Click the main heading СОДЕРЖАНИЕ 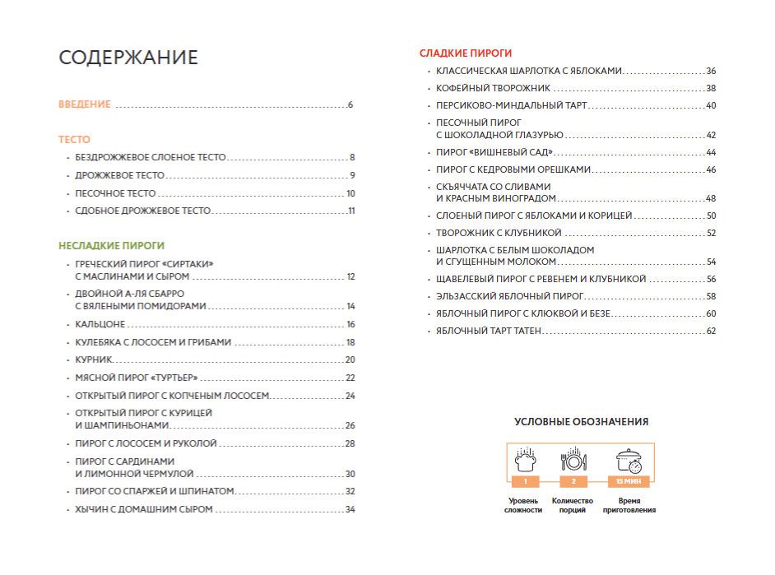click(128, 58)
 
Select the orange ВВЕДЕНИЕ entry click(85, 104)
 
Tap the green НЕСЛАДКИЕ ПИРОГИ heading click(111, 245)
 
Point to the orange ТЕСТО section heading click(74, 140)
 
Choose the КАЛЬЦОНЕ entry click(100, 324)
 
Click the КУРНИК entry click(93, 359)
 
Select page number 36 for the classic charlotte click(711, 71)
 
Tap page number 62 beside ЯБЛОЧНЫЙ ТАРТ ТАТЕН click(711, 331)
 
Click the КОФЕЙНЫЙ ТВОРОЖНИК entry click(493, 88)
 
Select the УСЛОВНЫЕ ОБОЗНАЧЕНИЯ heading click(581, 422)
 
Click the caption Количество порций click(573, 504)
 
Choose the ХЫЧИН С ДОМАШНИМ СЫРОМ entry click(143, 509)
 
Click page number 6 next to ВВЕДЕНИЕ click(350, 105)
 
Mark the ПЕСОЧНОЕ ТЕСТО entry click(115, 193)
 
